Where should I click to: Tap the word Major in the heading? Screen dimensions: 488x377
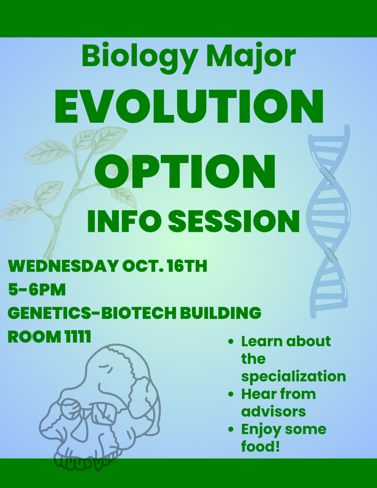pyautogui.click(x=251, y=57)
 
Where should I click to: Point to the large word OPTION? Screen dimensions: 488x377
pyautogui.click(x=185, y=172)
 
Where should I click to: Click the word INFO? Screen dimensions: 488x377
pyautogui.click(x=124, y=221)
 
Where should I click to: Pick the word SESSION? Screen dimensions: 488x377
pyautogui.click(x=234, y=221)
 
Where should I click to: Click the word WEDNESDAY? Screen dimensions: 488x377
pyautogui.click(x=63, y=266)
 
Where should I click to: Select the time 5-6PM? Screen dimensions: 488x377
pyautogui.click(x=37, y=289)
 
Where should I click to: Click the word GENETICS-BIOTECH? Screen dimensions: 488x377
pyautogui.click(x=92, y=313)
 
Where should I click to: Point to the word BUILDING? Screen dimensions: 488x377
pyautogui.click(x=221, y=313)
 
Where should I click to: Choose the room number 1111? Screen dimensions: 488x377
pyautogui.click(x=78, y=336)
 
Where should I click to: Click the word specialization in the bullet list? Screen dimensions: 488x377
pyautogui.click(x=293, y=376)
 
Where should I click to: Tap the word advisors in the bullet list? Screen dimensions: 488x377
pyautogui.click(x=273, y=412)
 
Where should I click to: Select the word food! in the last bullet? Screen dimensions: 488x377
pyautogui.click(x=260, y=446)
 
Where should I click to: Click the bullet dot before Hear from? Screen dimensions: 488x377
pyautogui.click(x=231, y=394)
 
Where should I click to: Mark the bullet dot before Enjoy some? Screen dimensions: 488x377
pyautogui.click(x=231, y=430)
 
